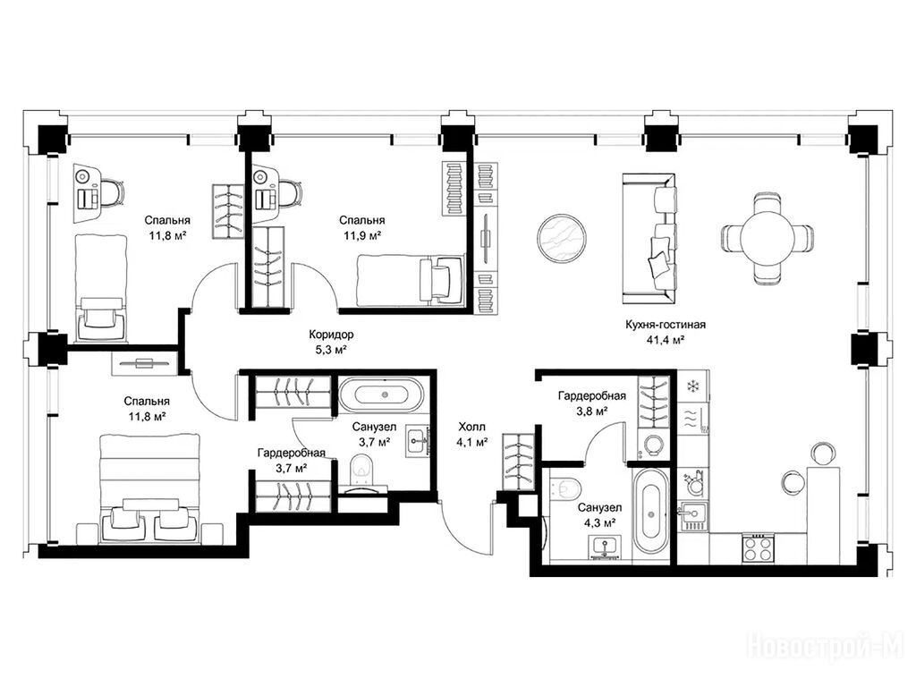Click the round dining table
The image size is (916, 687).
pos(767,238)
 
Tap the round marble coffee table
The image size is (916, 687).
pos(562,239)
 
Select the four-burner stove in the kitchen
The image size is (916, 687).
pos(758,549)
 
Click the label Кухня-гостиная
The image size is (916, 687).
pos(666,325)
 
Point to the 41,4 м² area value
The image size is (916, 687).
pos(666,340)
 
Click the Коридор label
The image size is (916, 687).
pos(331,335)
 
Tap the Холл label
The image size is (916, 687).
pos(471,427)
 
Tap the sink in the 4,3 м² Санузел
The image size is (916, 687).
pos(605,548)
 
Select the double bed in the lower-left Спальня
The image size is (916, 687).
pos(150,488)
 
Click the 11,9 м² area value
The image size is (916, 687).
pos(362,235)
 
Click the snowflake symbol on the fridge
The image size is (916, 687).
pos(692,386)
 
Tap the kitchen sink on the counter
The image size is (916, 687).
pos(693,514)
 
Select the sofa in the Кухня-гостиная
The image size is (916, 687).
pos(649,238)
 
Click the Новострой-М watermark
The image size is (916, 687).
pos(825,647)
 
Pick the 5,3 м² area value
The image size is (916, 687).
pos(331,350)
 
